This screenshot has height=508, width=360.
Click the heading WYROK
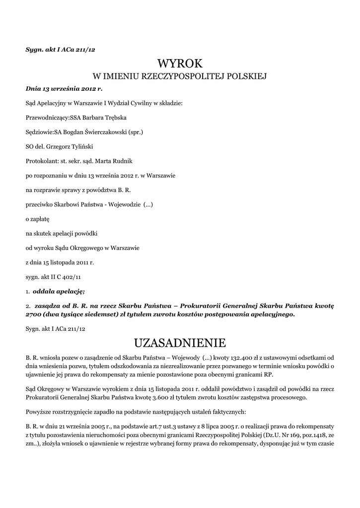click(x=180, y=63)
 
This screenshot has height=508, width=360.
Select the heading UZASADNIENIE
click(x=180, y=343)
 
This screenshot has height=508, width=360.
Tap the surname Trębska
click(x=113, y=118)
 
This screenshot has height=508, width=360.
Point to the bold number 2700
click(x=34, y=315)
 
